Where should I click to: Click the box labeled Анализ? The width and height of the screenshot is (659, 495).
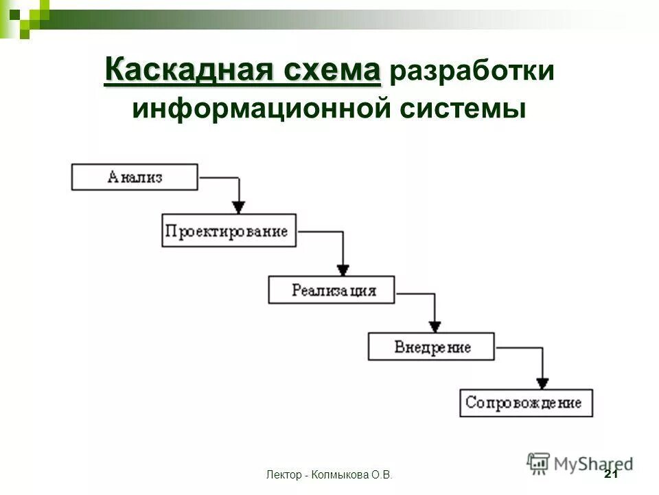click(135, 177)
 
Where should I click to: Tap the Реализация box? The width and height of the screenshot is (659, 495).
click(332, 289)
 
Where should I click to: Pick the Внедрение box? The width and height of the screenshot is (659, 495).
click(430, 346)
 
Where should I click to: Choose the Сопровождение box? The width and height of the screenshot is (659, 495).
click(526, 402)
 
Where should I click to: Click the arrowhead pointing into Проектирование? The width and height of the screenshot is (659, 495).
click(238, 206)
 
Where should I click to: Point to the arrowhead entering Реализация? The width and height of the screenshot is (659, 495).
click(343, 268)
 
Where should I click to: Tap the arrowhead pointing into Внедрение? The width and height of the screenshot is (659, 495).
click(434, 325)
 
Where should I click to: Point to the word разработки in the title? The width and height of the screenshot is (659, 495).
click(472, 72)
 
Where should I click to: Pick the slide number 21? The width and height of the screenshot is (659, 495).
click(610, 474)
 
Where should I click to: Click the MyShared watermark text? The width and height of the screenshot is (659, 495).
click(593, 463)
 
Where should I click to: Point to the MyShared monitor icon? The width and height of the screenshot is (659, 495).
click(539, 463)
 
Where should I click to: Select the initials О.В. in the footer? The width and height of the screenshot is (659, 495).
click(382, 475)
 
